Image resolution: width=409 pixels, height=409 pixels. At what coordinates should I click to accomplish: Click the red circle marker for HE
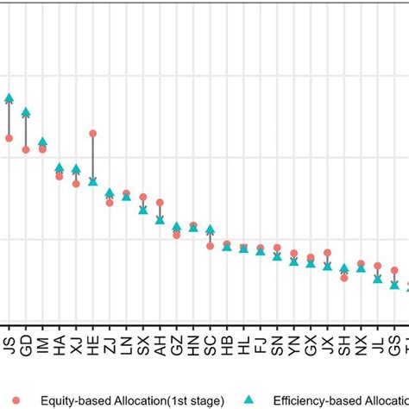point(93,134)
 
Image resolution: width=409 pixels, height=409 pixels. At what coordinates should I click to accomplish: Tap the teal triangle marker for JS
point(9,98)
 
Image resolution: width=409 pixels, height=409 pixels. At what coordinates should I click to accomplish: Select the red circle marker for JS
point(9,138)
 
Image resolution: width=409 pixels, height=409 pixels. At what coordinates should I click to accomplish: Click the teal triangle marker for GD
point(26,112)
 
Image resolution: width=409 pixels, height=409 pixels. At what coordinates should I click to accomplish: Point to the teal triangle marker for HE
point(93,181)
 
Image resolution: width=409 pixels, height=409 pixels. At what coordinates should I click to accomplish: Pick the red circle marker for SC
point(211,246)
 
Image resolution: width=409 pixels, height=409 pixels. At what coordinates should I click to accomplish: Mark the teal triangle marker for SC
point(211,230)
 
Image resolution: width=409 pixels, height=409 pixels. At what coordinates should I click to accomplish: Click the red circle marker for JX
point(328,253)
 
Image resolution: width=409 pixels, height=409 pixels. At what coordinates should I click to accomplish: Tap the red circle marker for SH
point(344,278)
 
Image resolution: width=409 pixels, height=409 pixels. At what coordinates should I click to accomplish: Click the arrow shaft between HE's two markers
point(93,157)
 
